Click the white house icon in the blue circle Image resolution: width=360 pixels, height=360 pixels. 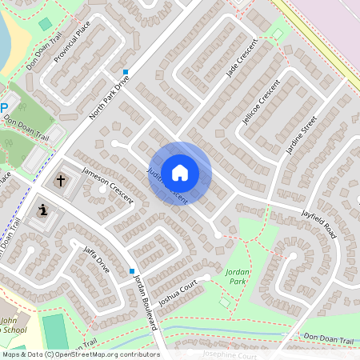point(180,172)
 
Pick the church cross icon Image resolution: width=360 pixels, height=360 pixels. point(61,181)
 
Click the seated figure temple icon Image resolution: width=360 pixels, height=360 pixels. point(42,210)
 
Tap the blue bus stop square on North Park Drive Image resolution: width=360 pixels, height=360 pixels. point(126,72)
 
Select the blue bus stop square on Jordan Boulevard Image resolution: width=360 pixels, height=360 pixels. point(132,271)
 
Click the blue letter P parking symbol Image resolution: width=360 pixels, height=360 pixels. point(4,107)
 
